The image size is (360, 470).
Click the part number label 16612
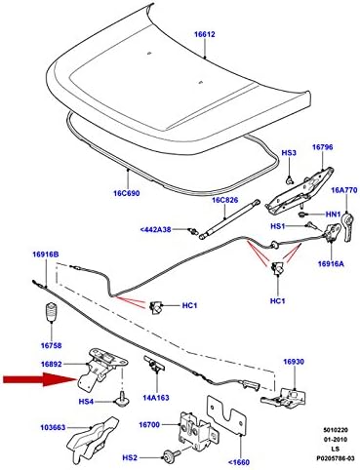click(x=205, y=35)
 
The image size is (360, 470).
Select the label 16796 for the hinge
click(x=323, y=148)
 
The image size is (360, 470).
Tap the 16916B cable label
click(x=43, y=255)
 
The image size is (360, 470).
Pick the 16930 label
click(x=296, y=362)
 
